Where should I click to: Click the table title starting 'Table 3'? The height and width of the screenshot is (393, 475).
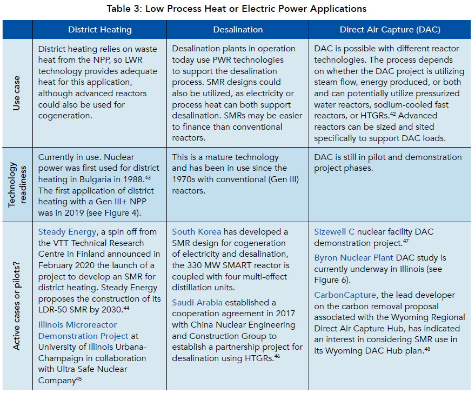tap(237, 9)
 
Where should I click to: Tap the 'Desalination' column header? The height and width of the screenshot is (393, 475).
tap(238, 30)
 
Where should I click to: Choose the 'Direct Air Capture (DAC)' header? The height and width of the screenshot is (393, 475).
tap(390, 30)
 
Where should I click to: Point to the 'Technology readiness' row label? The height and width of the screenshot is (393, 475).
tap(16, 184)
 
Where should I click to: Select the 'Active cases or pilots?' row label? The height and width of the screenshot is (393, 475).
tap(16, 305)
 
